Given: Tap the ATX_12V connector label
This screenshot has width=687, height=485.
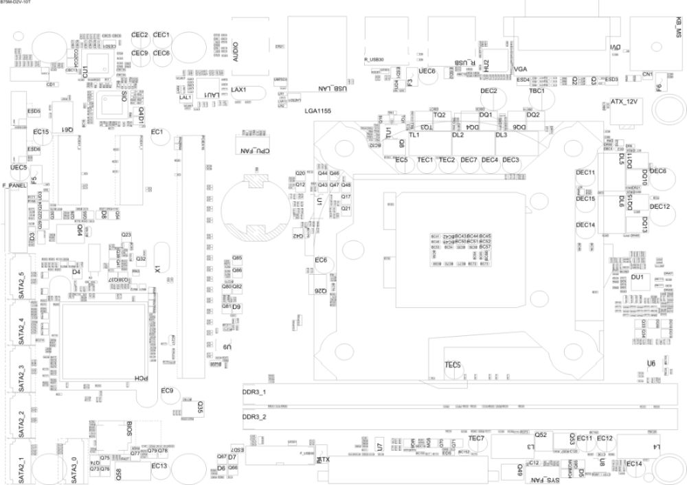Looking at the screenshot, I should click(624, 102).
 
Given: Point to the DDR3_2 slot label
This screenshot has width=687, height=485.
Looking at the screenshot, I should click(255, 417).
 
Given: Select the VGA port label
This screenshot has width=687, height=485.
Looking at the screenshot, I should click(520, 69).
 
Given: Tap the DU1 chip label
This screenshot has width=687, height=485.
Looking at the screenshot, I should click(636, 277).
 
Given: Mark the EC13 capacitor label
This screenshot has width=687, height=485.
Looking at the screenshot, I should click(159, 466).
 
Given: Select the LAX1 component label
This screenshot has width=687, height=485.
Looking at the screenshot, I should click(238, 90).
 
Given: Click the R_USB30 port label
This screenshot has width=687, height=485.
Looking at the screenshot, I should click(377, 60).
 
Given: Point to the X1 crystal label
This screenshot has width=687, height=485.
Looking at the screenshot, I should click(157, 270).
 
